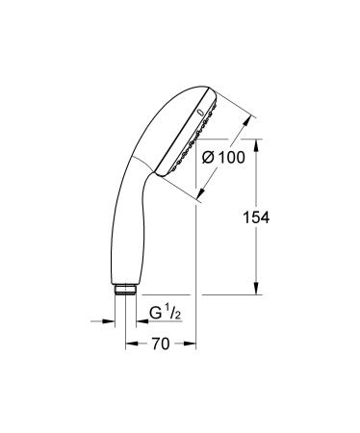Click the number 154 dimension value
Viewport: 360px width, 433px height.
282,218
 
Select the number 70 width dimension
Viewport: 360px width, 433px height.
163,344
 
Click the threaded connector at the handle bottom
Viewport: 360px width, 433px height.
128,288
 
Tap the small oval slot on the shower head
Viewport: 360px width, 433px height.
201,112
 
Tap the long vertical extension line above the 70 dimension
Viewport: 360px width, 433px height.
195,269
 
